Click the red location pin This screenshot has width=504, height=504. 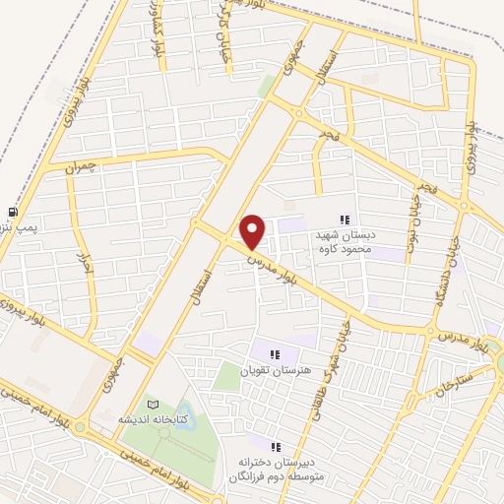(x=253, y=230)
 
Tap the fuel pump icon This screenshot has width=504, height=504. (x=12, y=212)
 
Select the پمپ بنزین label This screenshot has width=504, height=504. (x=19, y=228)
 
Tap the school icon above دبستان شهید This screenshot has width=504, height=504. (x=345, y=220)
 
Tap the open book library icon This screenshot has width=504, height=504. (x=152, y=405)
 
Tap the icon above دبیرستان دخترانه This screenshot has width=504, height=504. (x=277, y=446)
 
